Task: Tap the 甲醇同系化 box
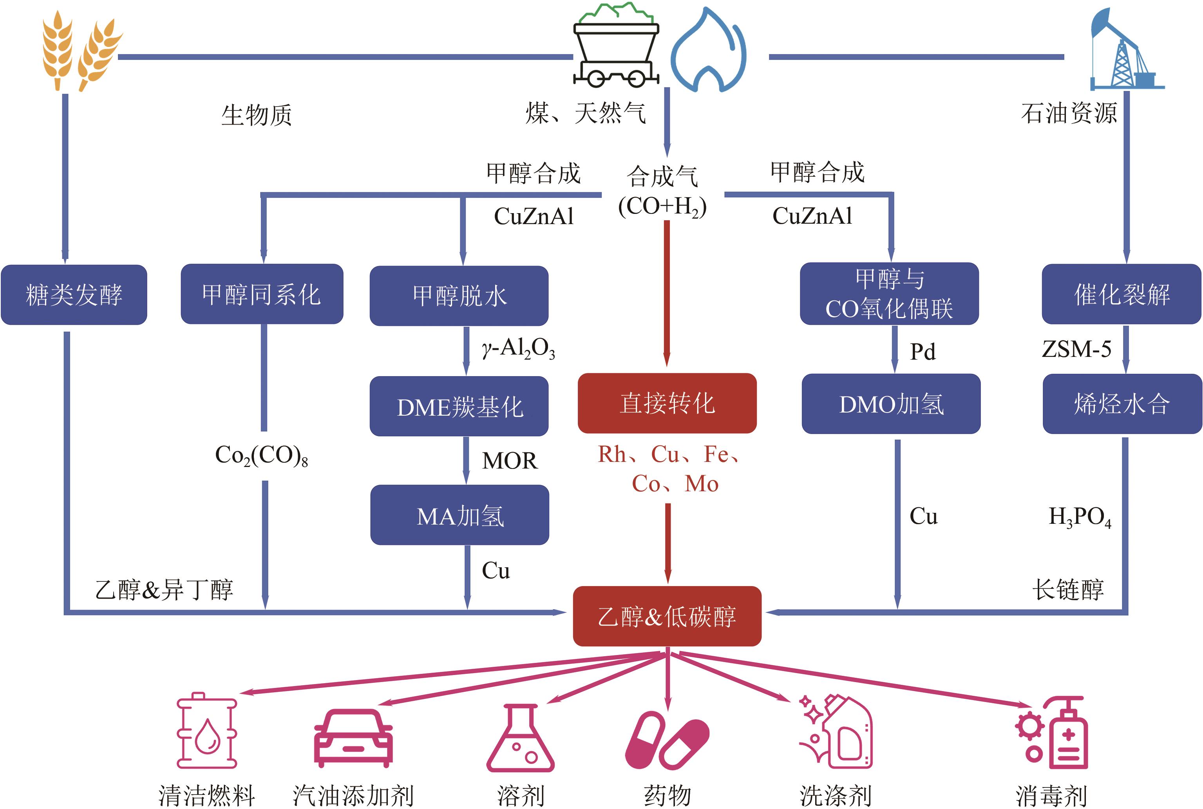click(x=262, y=294)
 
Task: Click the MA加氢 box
click(x=459, y=515)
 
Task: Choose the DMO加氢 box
click(x=890, y=404)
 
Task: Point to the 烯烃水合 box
click(x=1122, y=404)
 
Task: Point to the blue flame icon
click(x=708, y=51)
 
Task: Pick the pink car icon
click(x=353, y=738)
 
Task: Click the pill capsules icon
click(x=667, y=740)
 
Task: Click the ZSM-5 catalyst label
click(x=1076, y=349)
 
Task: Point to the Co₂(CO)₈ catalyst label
click(x=262, y=456)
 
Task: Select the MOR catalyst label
click(x=509, y=460)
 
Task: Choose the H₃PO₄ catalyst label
click(x=1080, y=516)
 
